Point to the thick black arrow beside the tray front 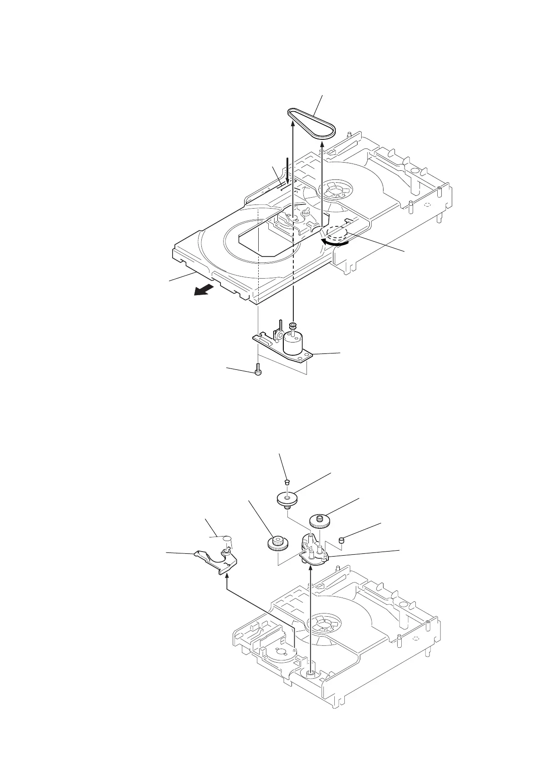(x=203, y=290)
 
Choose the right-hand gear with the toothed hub (x=319, y=520)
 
